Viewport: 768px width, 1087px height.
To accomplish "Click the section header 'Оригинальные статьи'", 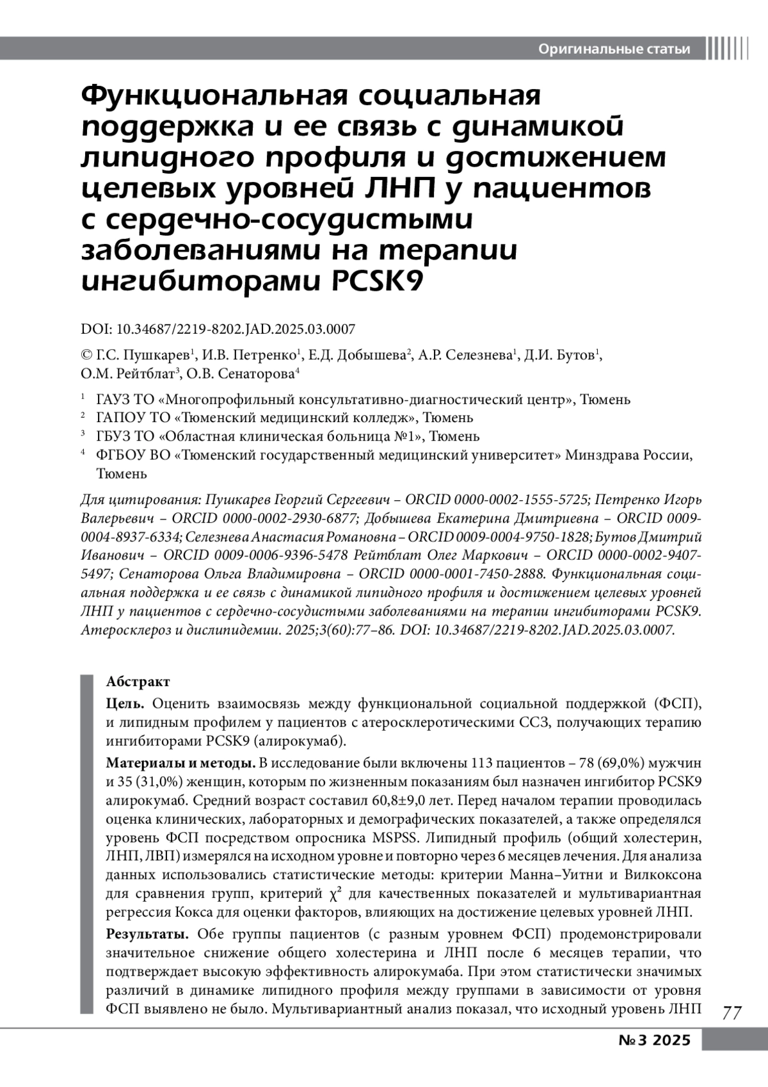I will click(x=614, y=49).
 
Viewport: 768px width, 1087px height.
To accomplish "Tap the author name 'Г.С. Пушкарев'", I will click(x=144, y=356).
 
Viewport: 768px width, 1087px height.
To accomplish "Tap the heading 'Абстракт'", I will click(x=138, y=682).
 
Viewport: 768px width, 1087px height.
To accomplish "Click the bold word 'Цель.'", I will click(x=125, y=704).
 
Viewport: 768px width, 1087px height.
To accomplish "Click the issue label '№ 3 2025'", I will click(x=655, y=1040).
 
